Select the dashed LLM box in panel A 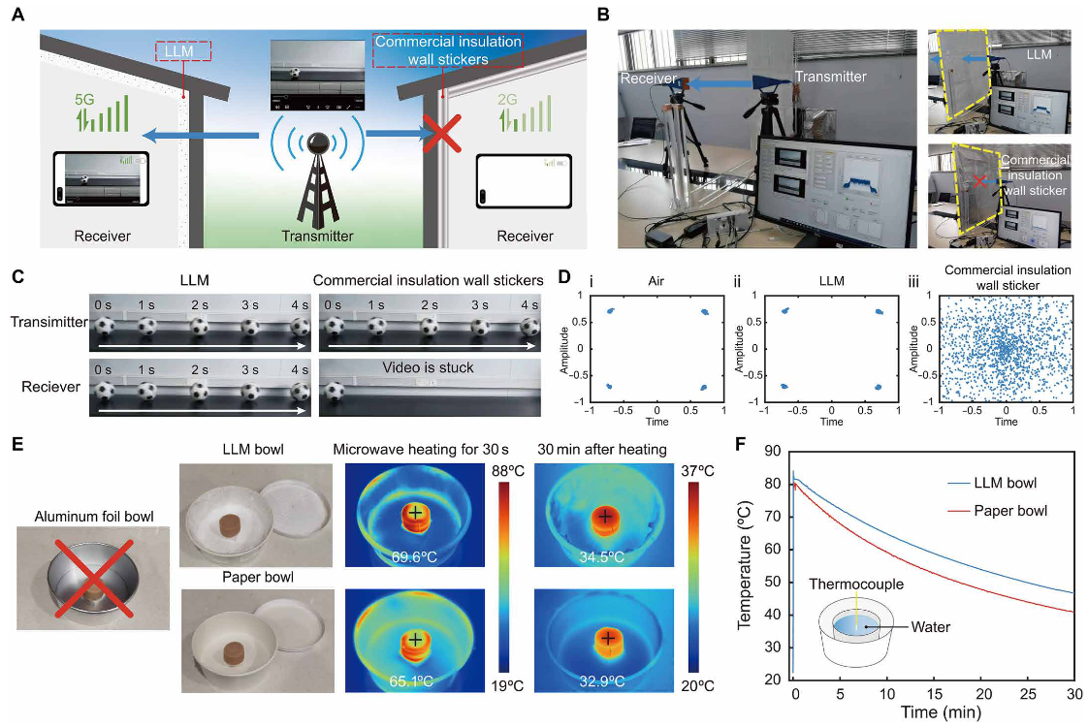coord(182,51)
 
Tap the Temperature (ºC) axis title coord(748,562)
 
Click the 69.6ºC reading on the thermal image coord(415,558)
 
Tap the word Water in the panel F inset coord(931,627)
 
